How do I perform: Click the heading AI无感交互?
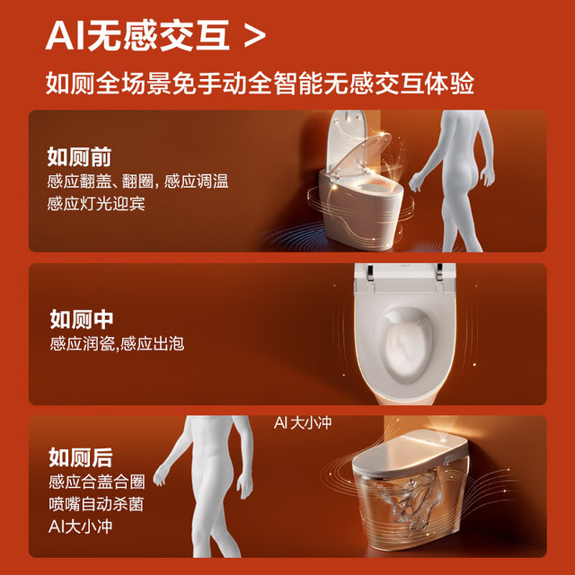click(137, 36)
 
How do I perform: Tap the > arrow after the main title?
click(255, 37)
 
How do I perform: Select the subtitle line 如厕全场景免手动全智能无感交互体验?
click(260, 84)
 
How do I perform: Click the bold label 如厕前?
click(79, 157)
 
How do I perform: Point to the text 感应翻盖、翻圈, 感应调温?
click(137, 181)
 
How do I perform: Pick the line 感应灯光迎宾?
click(96, 204)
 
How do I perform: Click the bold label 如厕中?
click(82, 319)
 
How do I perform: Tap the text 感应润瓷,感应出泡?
click(117, 343)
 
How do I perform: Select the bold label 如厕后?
click(81, 457)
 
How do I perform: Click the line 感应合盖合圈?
click(97, 482)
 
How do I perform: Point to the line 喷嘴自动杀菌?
click(96, 504)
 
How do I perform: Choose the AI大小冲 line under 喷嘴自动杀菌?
click(80, 526)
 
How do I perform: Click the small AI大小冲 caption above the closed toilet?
click(303, 423)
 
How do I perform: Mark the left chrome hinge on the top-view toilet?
click(370, 272)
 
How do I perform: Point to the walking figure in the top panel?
click(453, 181)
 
